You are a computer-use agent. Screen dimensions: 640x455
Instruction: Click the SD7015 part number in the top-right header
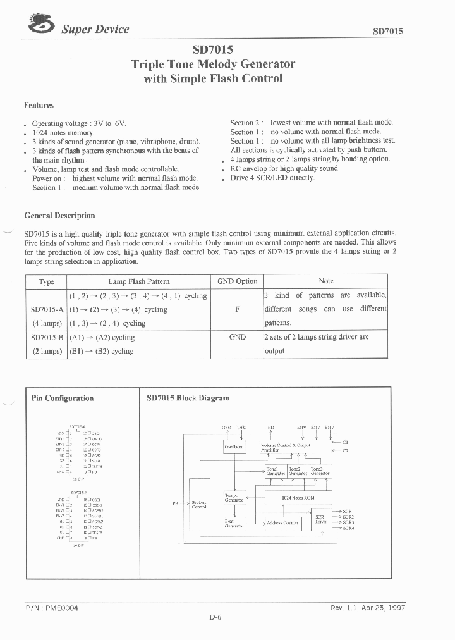(388, 31)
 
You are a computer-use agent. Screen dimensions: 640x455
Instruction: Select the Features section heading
(39, 106)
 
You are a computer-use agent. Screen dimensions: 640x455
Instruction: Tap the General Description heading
(59, 216)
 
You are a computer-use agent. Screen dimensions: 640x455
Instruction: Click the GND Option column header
(237, 281)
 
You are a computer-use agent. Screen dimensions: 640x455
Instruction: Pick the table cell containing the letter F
(237, 309)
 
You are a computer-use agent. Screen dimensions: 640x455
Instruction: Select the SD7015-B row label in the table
(47, 337)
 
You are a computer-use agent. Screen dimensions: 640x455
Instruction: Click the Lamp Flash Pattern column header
(139, 281)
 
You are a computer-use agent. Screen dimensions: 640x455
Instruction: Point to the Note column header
(325, 281)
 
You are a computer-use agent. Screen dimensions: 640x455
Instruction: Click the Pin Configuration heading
(63, 398)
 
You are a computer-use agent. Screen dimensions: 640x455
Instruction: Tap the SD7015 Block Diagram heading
(188, 398)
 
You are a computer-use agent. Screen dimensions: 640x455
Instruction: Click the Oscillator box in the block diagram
(234, 447)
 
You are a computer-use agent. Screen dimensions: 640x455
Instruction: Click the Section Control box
(198, 505)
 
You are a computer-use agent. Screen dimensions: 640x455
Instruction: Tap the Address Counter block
(282, 523)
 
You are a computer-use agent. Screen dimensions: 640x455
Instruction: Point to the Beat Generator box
(234, 524)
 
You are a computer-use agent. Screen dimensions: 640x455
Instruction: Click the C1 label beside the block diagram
(346, 442)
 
